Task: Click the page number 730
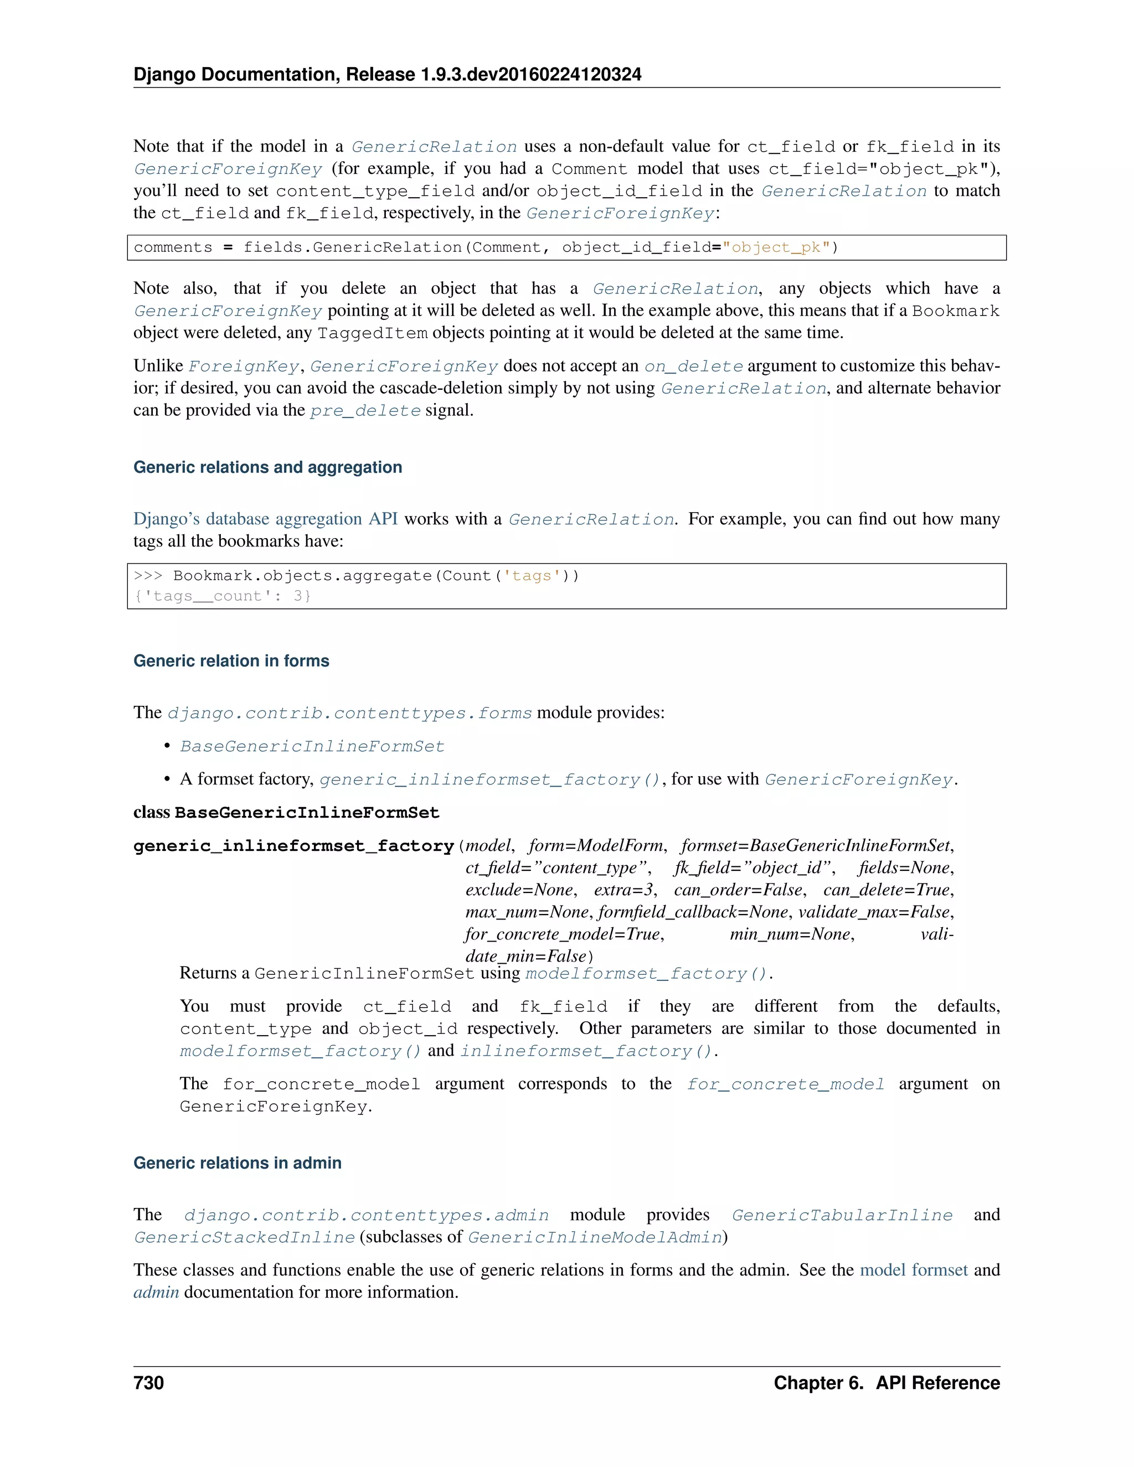[148, 1383]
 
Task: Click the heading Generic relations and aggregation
[267, 468]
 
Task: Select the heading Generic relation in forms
[231, 661]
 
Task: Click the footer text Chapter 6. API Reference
[886, 1383]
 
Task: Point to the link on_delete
[693, 366]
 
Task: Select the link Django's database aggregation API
[265, 519]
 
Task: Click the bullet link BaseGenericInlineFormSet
[312, 747]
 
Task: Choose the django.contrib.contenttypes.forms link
[349, 714]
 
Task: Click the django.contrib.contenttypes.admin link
[366, 1216]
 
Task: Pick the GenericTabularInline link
[842, 1216]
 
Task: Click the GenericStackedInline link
[244, 1238]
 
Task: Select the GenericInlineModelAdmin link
[595, 1238]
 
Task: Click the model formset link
[914, 1270]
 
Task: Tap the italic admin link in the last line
[156, 1293]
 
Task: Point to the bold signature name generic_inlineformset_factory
[293, 846]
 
